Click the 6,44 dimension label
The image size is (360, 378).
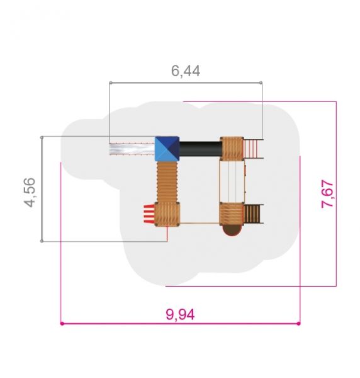186,71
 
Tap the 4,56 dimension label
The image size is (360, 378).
30,192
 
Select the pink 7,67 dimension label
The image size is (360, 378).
327,194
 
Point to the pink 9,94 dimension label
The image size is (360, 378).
180,314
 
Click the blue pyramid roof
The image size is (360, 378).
167,149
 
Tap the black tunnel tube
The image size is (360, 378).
201,149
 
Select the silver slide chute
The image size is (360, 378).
132,149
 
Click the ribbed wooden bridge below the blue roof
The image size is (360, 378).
167,182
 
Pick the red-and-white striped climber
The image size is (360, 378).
149,214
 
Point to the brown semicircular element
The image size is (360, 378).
232,230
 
